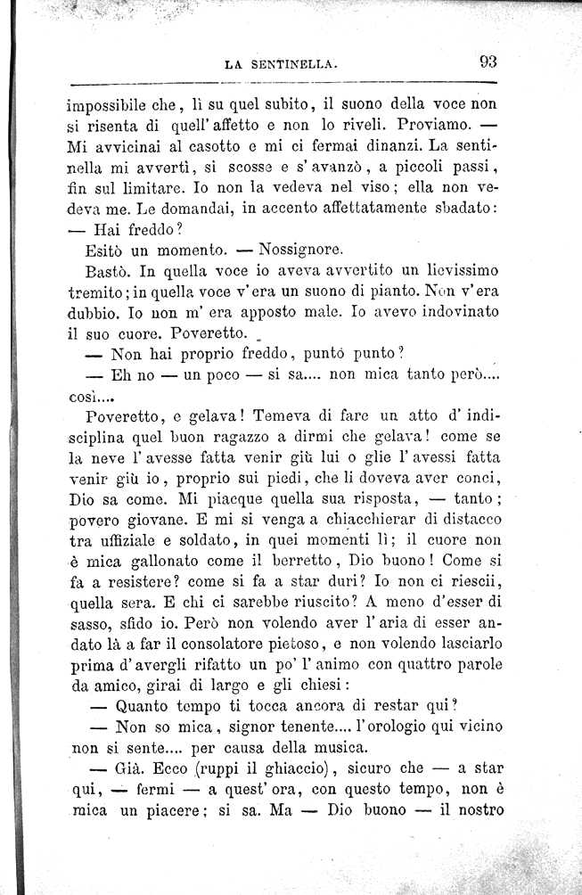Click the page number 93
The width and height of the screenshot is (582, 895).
point(488,62)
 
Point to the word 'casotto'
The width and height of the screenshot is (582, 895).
point(207,145)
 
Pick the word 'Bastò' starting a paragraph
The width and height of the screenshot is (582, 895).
point(109,271)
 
